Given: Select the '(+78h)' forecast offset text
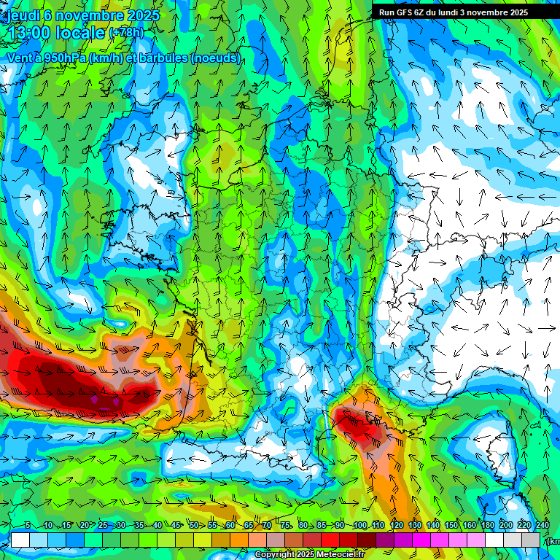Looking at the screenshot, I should pyautogui.click(x=126, y=34).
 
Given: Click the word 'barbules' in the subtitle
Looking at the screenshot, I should pyautogui.click(x=160, y=58).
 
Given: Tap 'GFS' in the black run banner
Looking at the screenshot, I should pyautogui.click(x=416, y=12).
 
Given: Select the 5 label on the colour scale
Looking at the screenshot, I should pyautogui.click(x=28, y=525).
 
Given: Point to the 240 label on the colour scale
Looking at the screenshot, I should pyautogui.click(x=542, y=525).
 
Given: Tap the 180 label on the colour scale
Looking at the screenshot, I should pyautogui.click(x=487, y=525).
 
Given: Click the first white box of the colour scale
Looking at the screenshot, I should pyautogui.click(x=20, y=540).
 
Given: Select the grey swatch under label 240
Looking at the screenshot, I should pyautogui.click(x=532, y=540).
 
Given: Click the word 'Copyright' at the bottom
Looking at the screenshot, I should pyautogui.click(x=276, y=555).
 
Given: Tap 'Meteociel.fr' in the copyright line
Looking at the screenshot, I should pyautogui.click(x=341, y=555).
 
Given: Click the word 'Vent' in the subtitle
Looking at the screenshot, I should pyautogui.click(x=19, y=58).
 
